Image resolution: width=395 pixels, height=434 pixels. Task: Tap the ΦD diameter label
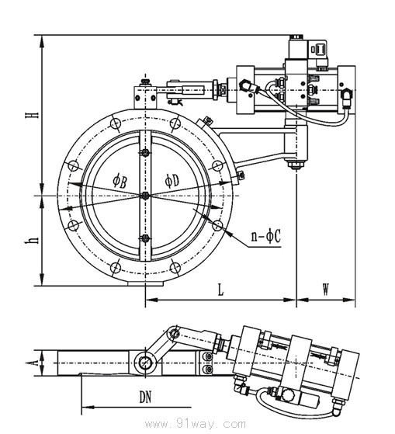[172, 180]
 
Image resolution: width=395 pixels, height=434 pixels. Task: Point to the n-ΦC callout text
[265, 236]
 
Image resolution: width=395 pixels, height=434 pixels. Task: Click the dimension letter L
[220, 290]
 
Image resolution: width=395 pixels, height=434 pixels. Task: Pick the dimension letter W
[326, 290]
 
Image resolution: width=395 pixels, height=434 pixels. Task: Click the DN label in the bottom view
[145, 398]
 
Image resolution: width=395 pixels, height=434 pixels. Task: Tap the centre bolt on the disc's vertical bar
[145, 196]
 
